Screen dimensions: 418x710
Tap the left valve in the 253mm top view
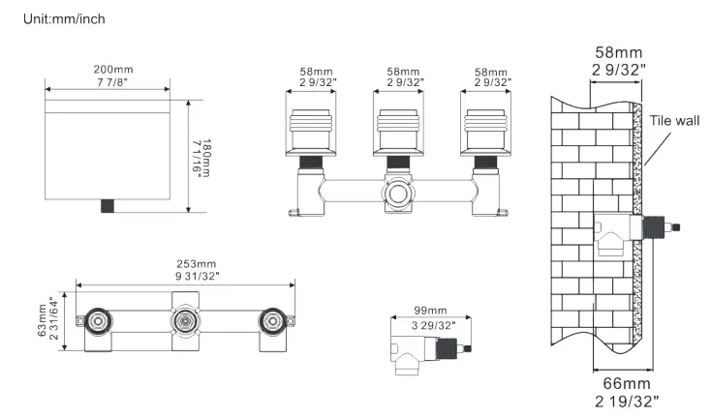98,322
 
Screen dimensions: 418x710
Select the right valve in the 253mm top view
270,322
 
